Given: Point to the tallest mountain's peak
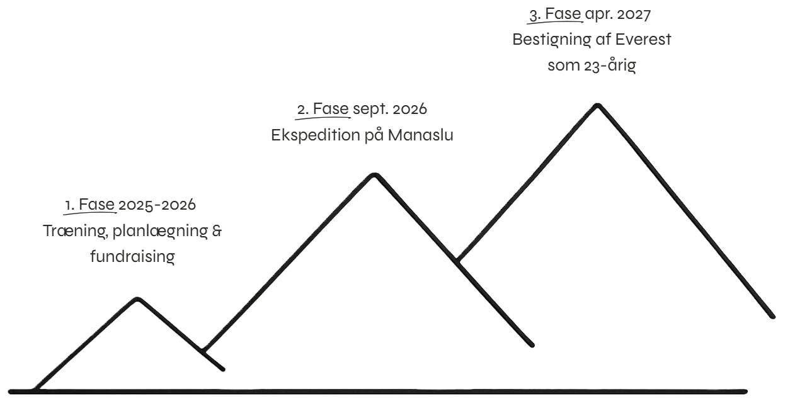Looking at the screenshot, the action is coord(597,105).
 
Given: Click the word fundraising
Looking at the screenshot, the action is coord(132,256).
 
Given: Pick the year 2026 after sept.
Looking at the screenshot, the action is coord(409,109).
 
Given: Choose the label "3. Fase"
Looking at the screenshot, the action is coord(555,13).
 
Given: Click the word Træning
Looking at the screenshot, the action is coord(69,230).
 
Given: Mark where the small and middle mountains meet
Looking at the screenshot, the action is coord(202,349).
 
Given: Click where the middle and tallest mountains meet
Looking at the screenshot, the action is coord(458,259).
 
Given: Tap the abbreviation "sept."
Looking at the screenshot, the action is coord(372,109).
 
